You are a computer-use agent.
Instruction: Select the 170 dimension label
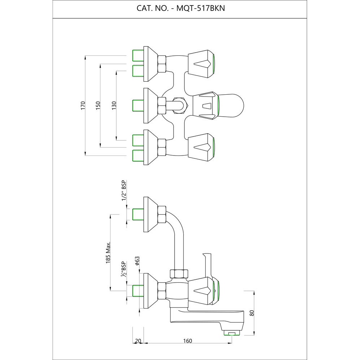83,105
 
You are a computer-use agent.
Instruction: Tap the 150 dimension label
98,105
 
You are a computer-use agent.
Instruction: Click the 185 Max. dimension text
108,253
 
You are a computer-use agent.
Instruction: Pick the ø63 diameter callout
137,261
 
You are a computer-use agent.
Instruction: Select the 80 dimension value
252,312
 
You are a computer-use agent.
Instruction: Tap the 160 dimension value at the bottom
187,341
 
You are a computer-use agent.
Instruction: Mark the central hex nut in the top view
179,105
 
